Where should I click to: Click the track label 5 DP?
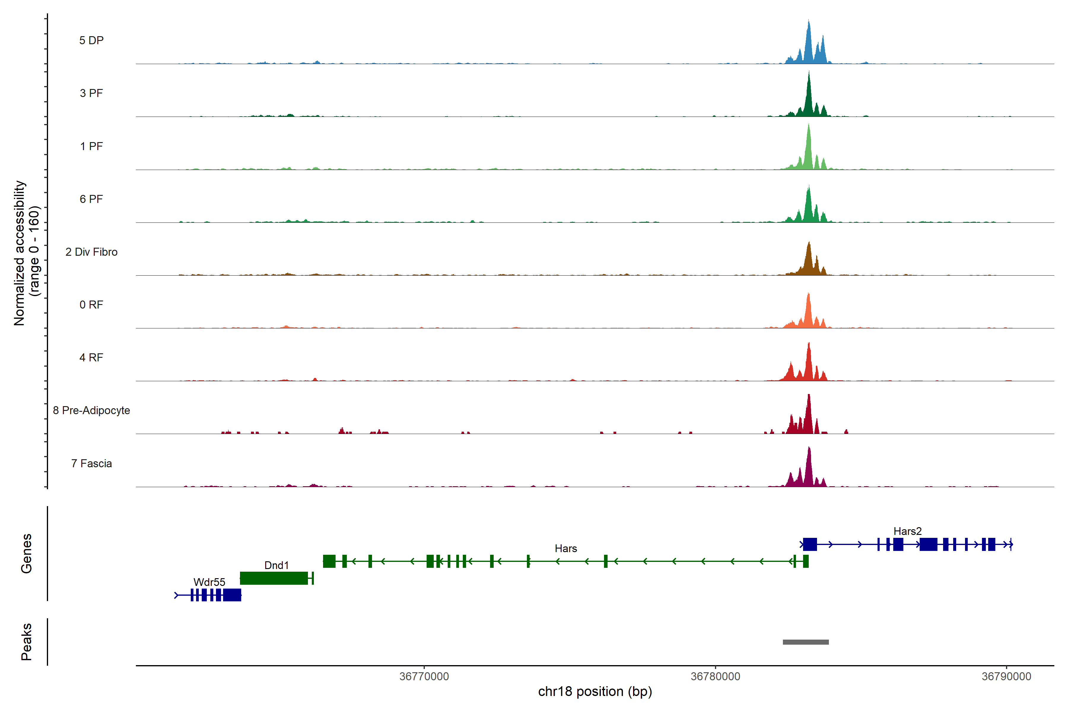click(91, 40)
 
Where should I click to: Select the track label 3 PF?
click(91, 93)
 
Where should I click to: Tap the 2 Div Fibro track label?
click(91, 252)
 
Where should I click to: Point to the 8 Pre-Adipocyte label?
click(91, 411)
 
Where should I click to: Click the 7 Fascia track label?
click(91, 464)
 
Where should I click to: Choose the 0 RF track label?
click(91, 305)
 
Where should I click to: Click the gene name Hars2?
click(907, 531)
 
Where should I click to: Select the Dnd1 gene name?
click(276, 565)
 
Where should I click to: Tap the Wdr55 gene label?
click(209, 582)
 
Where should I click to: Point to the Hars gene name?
click(566, 549)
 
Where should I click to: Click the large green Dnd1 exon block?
click(274, 578)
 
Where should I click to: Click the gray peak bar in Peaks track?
click(805, 642)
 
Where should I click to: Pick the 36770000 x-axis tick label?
click(424, 677)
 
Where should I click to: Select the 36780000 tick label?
click(715, 677)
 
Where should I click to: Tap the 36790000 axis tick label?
click(1006, 677)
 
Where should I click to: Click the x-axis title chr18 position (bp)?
click(595, 692)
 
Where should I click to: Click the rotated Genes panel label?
click(26, 554)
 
